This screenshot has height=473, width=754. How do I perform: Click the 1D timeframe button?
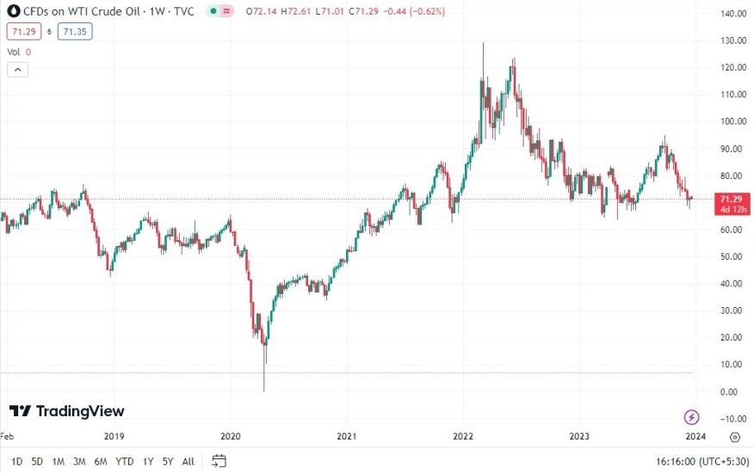click(x=16, y=461)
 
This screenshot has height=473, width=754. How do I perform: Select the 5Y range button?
click(x=168, y=461)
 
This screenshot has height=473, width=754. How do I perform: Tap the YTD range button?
click(x=125, y=461)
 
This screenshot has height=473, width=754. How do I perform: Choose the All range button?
click(x=188, y=461)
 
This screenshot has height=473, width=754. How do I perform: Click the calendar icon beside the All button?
click(x=219, y=461)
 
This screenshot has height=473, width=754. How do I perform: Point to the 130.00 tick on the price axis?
click(x=732, y=41)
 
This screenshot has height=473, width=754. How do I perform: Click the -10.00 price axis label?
click(x=732, y=419)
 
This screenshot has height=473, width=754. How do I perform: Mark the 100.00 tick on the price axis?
click(x=732, y=122)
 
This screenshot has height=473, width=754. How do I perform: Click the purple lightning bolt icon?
click(x=692, y=418)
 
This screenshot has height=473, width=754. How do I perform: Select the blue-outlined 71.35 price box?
click(x=75, y=32)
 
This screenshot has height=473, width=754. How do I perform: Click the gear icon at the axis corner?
click(x=734, y=437)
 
